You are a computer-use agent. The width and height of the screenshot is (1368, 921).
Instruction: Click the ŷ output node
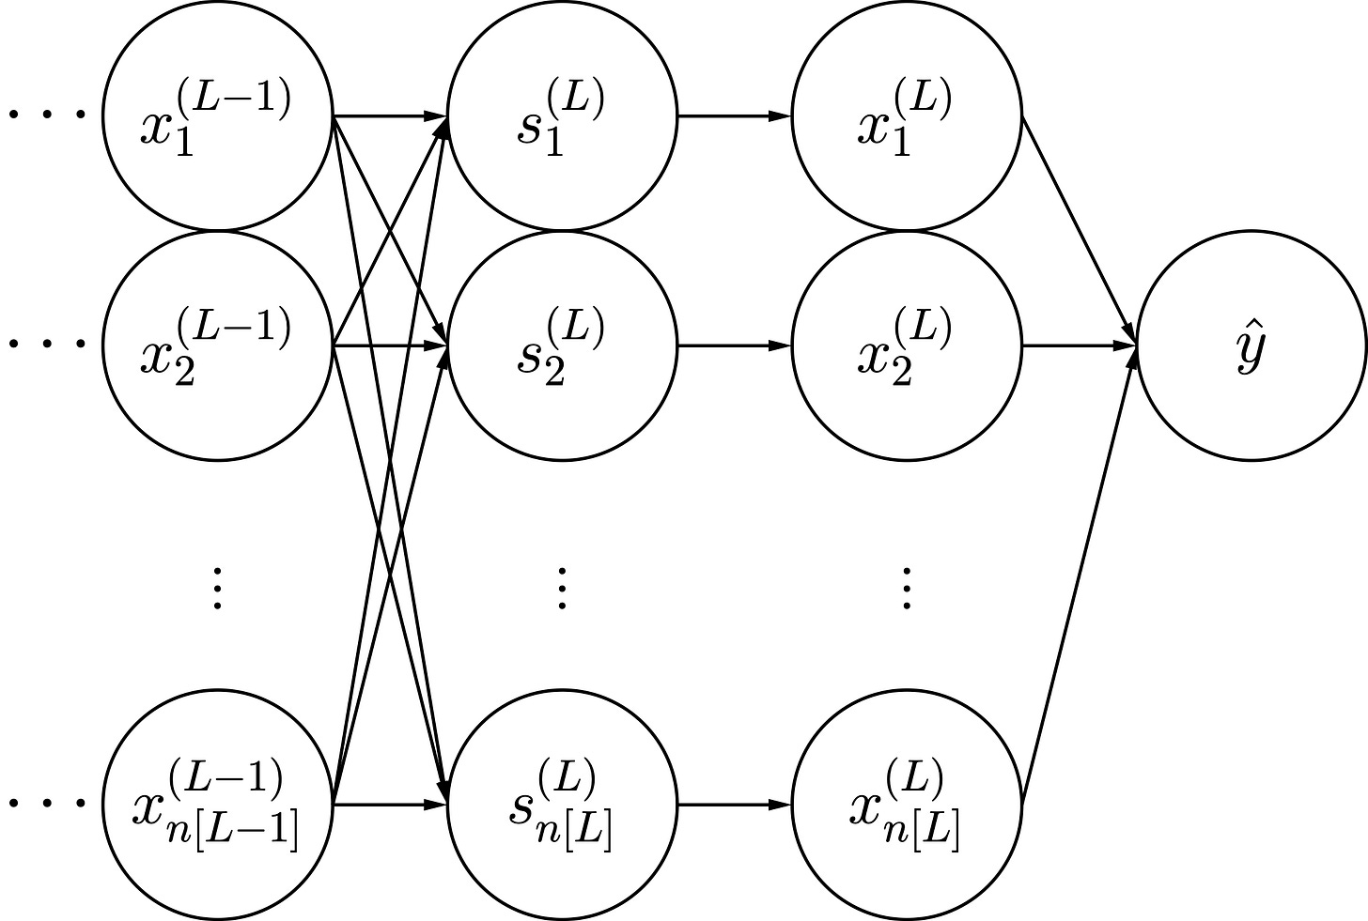coord(1251,346)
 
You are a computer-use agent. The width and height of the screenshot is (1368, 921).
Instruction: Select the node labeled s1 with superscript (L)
coord(562,116)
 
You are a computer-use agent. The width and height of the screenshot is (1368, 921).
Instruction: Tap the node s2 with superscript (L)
coord(562,346)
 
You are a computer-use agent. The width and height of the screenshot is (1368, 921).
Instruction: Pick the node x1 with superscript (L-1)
coord(218,116)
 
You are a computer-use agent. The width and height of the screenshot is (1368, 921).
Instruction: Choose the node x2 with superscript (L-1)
coord(218,346)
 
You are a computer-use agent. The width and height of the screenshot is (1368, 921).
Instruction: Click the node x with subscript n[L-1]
coord(218,805)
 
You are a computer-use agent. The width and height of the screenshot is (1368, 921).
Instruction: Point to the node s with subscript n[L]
coord(562,805)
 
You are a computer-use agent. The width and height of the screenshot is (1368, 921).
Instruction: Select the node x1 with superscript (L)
coord(907,116)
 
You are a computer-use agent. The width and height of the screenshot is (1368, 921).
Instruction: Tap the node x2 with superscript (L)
coord(907,346)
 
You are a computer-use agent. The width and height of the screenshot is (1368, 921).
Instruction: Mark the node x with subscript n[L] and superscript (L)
coord(907,805)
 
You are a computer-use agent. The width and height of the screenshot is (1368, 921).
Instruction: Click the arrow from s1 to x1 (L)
coord(734,116)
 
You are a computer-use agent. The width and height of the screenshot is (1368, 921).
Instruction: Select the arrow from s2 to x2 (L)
coord(734,346)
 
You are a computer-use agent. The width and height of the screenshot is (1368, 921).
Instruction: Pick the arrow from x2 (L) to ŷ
coord(1079,346)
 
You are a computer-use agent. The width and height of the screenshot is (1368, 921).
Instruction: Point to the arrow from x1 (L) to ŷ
coord(1079,229)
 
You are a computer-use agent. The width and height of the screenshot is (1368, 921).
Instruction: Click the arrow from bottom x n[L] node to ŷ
coord(1079,575)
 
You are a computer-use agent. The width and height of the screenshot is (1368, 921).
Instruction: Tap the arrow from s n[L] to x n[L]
coord(734,805)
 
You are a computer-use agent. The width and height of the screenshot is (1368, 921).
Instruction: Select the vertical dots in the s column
coord(562,589)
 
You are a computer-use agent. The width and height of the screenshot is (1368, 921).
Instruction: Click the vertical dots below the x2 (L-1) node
coord(218,589)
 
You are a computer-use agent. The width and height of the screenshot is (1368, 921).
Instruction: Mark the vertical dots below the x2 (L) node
coord(907,589)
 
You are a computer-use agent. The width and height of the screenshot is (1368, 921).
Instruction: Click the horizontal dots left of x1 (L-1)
coord(47,116)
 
